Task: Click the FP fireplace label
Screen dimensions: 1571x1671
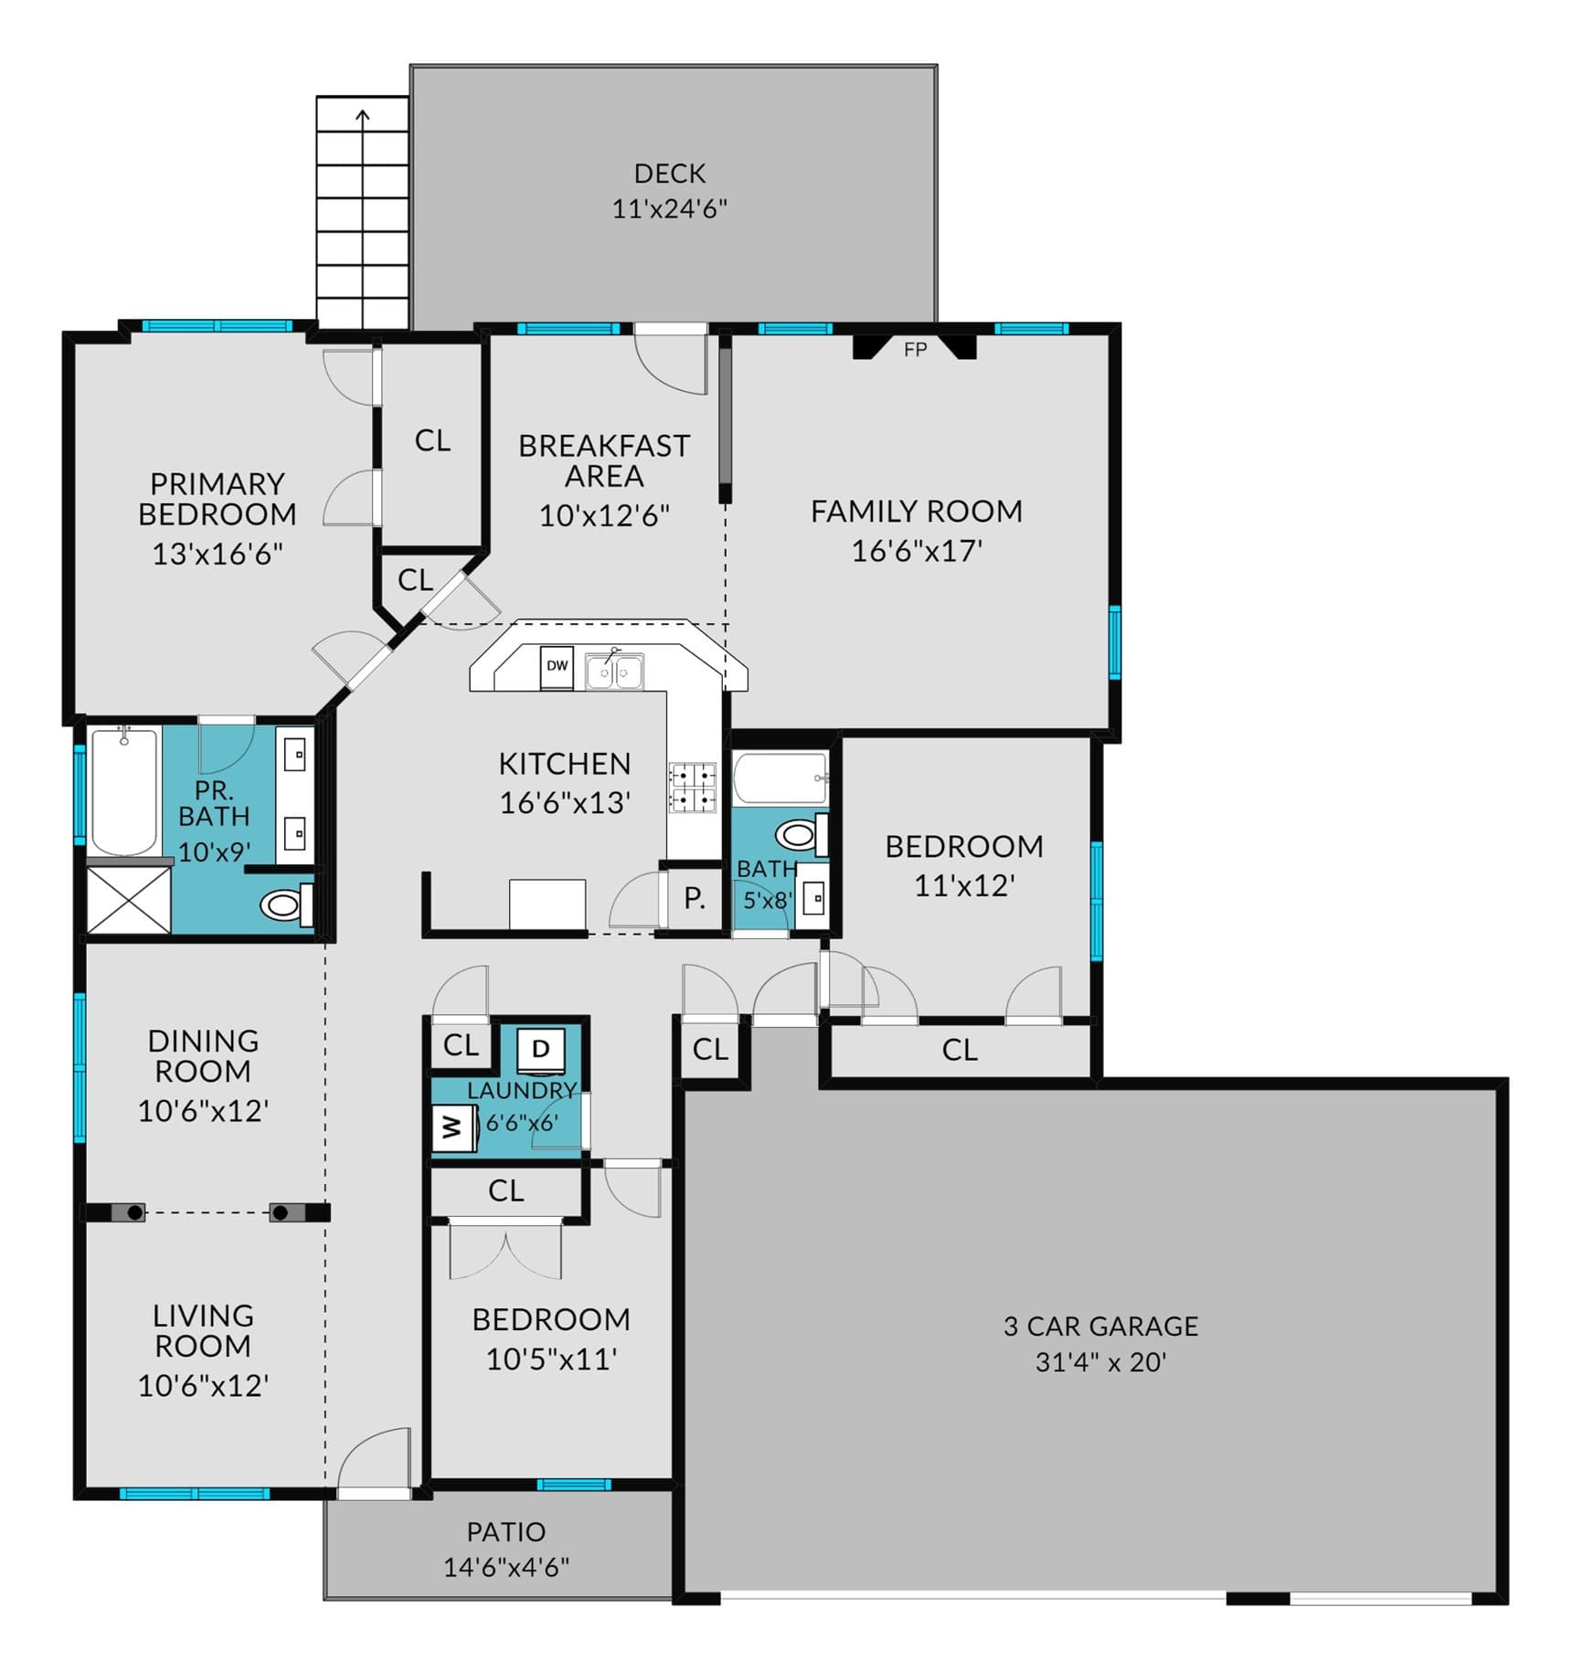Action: [x=915, y=349]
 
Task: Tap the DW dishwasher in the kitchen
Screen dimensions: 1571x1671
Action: [x=557, y=666]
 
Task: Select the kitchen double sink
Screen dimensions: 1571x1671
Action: [x=614, y=672]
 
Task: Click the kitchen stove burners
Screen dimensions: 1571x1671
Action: [x=692, y=788]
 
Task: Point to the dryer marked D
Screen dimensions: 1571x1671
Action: [x=541, y=1049]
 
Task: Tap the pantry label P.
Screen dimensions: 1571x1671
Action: [x=695, y=898]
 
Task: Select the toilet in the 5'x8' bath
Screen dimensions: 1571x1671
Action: [x=801, y=833]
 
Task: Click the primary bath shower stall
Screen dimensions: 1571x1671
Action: [x=129, y=900]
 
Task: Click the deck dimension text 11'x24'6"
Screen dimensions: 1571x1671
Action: [x=669, y=208]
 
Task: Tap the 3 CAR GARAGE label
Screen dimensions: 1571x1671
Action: [x=1100, y=1326]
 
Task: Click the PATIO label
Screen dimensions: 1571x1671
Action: [x=506, y=1531]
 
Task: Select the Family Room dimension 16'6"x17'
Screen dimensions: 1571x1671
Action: [x=917, y=551]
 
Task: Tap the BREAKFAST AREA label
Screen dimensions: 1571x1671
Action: [x=604, y=460]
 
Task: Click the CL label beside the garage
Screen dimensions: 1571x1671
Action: [x=710, y=1049]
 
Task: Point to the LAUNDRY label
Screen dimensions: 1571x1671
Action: [x=522, y=1090]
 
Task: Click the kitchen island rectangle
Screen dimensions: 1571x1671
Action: [x=547, y=904]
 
